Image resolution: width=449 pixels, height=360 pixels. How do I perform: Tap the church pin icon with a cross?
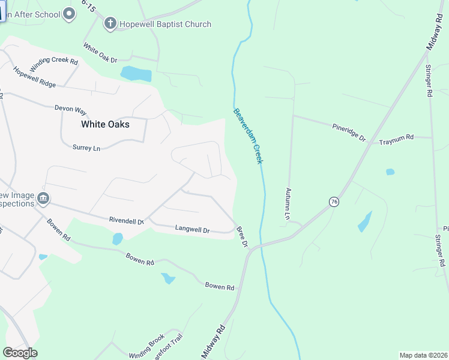point(110,23)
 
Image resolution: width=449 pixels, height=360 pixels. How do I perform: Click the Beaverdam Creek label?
point(249,136)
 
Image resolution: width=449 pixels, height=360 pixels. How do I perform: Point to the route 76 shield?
point(334,202)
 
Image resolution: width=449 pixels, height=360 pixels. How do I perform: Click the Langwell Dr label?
point(192,229)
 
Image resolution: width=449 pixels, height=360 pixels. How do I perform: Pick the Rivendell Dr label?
point(127,221)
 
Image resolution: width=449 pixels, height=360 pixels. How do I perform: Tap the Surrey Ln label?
point(86,147)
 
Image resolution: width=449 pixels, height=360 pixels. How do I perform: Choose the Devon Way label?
point(70,109)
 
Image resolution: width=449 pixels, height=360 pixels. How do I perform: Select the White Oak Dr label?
point(100,52)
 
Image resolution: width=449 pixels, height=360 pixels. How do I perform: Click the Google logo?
point(20,353)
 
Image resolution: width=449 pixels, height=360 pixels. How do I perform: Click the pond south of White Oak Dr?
point(136,74)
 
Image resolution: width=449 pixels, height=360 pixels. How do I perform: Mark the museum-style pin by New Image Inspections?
point(43,198)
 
